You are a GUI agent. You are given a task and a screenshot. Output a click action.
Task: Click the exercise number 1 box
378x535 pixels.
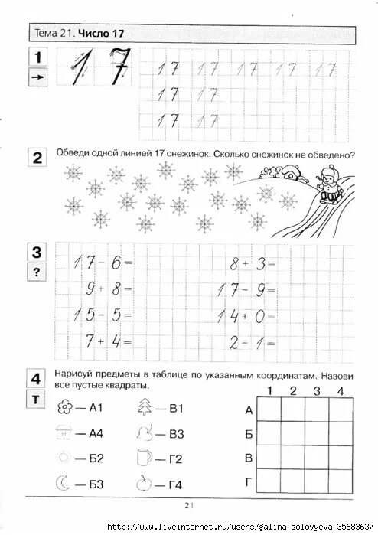click(x=37, y=56)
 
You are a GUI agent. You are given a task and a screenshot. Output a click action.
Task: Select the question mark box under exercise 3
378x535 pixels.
click(x=37, y=271)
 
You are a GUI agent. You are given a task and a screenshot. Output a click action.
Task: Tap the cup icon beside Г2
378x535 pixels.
click(x=142, y=458)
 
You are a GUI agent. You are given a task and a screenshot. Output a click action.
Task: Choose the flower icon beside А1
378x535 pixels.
click(x=64, y=408)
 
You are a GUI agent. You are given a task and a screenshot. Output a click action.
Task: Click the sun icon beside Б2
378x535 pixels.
click(x=64, y=458)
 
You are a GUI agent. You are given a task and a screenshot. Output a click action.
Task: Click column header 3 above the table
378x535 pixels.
click(x=316, y=391)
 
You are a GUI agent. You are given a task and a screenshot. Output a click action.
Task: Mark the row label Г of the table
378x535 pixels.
click(x=249, y=482)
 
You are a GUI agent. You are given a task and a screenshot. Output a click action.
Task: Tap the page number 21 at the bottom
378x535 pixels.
click(x=189, y=504)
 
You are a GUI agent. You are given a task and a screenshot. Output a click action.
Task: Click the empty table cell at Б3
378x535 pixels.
click(x=316, y=434)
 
